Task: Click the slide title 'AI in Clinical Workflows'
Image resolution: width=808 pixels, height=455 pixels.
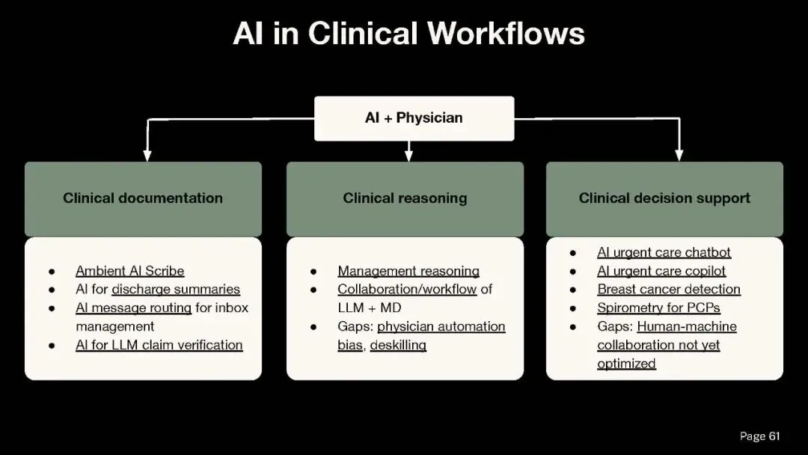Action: click(408, 34)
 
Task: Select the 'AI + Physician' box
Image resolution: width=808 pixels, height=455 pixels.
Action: click(414, 118)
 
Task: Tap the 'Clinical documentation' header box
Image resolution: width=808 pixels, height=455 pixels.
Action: click(143, 198)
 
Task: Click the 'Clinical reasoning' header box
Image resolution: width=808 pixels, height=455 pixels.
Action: click(405, 198)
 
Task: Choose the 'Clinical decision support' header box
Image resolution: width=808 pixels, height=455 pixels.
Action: click(664, 198)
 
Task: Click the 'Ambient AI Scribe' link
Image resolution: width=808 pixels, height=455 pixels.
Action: click(129, 271)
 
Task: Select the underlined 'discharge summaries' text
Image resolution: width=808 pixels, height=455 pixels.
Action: click(176, 289)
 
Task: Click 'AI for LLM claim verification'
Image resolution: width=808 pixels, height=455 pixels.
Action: click(159, 345)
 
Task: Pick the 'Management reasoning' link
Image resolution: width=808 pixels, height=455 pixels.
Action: click(408, 271)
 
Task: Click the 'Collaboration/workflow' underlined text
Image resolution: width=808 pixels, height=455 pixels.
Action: click(407, 289)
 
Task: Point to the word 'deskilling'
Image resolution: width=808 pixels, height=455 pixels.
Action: click(403, 345)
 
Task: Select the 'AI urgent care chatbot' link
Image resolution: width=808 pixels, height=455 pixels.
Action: click(664, 252)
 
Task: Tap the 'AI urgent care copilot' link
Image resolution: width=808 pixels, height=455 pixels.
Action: click(661, 271)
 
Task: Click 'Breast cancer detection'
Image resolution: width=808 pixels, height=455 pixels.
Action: click(669, 289)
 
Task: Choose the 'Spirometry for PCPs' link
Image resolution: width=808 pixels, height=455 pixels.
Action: click(658, 308)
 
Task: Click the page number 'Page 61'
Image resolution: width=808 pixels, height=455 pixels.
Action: click(759, 436)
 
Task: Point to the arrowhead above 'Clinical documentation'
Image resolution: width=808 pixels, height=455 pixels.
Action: click(147, 156)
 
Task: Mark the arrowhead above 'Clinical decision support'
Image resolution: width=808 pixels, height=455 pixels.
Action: click(679, 156)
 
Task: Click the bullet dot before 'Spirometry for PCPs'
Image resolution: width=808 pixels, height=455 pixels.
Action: click(572, 308)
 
